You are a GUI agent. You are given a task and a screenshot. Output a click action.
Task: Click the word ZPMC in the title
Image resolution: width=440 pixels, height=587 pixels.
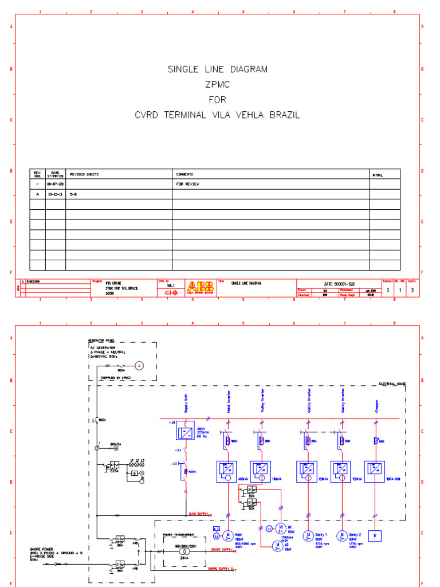(x=217, y=84)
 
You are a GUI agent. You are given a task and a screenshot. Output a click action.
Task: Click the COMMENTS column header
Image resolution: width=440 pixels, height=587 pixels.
(x=184, y=174)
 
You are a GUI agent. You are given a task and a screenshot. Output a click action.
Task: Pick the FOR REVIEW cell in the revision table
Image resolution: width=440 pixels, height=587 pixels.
(x=187, y=185)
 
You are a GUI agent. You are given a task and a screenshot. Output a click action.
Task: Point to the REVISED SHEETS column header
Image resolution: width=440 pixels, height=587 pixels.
(x=83, y=174)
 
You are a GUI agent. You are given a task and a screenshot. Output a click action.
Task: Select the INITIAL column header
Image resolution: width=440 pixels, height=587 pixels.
(x=378, y=174)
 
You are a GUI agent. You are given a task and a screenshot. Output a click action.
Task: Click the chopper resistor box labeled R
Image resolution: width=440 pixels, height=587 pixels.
(x=376, y=536)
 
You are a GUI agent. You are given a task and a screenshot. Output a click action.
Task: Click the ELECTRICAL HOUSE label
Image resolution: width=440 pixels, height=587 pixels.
(x=392, y=383)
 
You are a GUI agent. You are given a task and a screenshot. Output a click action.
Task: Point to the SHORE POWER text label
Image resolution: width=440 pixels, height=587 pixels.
(x=42, y=549)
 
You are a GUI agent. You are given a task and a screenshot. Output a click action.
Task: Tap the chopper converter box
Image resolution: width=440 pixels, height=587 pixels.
(x=376, y=470)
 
